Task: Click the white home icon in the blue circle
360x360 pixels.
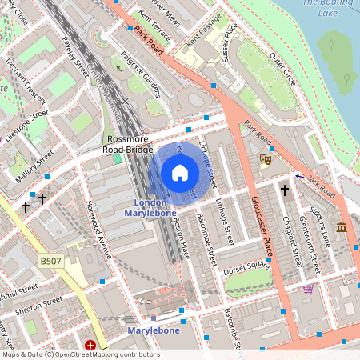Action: pos(180,173)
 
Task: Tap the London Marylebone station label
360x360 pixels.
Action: pos(145,208)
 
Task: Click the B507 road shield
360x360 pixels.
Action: pos(50,261)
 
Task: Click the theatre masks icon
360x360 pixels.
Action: pos(266,159)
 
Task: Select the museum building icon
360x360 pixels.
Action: pos(342,228)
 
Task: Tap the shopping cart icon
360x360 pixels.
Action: pos(308,289)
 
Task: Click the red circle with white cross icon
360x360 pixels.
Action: pos(90,346)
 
